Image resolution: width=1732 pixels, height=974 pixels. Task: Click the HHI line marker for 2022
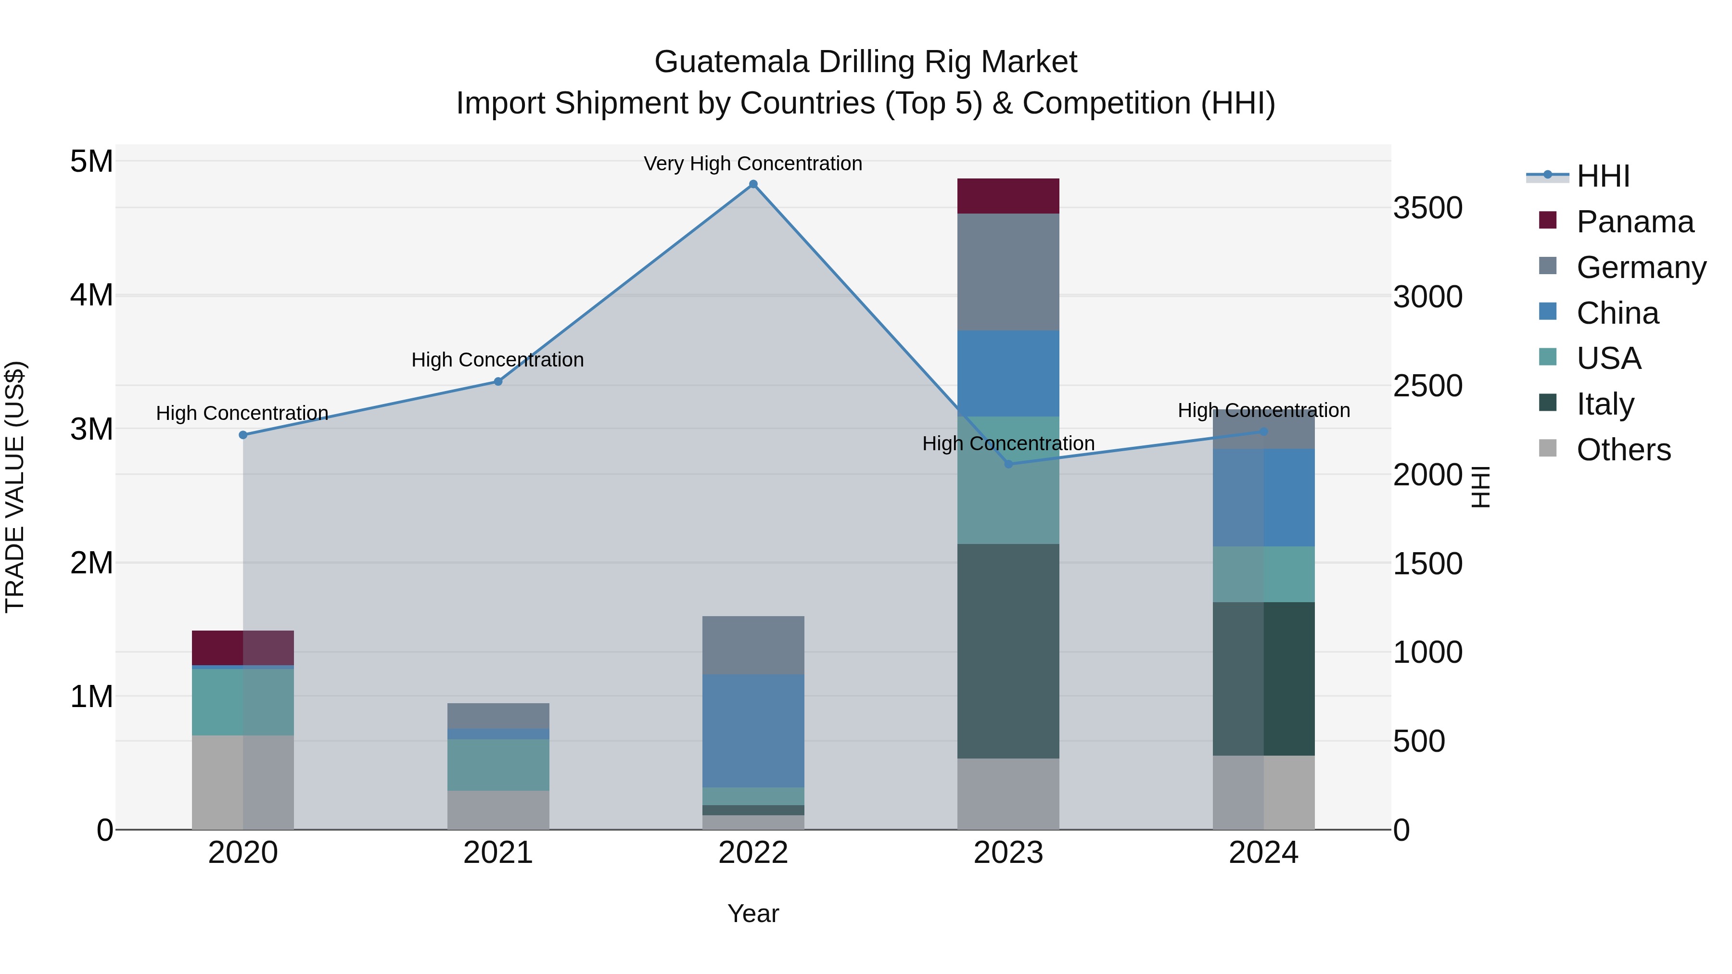pyautogui.click(x=753, y=184)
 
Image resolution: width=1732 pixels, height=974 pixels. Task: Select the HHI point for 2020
pyautogui.click(x=243, y=435)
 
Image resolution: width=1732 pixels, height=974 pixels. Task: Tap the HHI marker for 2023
pyautogui.click(x=1008, y=464)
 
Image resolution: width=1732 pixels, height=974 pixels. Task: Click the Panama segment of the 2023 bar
pyautogui.click(x=1008, y=196)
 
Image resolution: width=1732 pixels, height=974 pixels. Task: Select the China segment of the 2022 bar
pyautogui.click(x=753, y=731)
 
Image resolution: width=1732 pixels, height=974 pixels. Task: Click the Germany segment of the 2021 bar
pyautogui.click(x=498, y=716)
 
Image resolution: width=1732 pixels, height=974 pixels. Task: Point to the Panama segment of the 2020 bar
pyautogui.click(x=243, y=648)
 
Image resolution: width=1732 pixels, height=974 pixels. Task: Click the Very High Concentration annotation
pyautogui.click(x=753, y=164)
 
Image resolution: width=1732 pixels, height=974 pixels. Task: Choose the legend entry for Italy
pyautogui.click(x=1605, y=404)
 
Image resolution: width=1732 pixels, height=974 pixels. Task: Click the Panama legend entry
pyautogui.click(x=1634, y=222)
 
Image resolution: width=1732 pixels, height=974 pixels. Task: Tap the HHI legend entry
pyautogui.click(x=1602, y=176)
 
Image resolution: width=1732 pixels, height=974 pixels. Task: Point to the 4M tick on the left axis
pyautogui.click(x=91, y=295)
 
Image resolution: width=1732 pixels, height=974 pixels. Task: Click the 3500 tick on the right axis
pyautogui.click(x=1427, y=208)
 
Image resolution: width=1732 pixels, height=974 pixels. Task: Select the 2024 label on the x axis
pyautogui.click(x=1263, y=853)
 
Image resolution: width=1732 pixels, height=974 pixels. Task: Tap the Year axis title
pyautogui.click(x=753, y=913)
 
